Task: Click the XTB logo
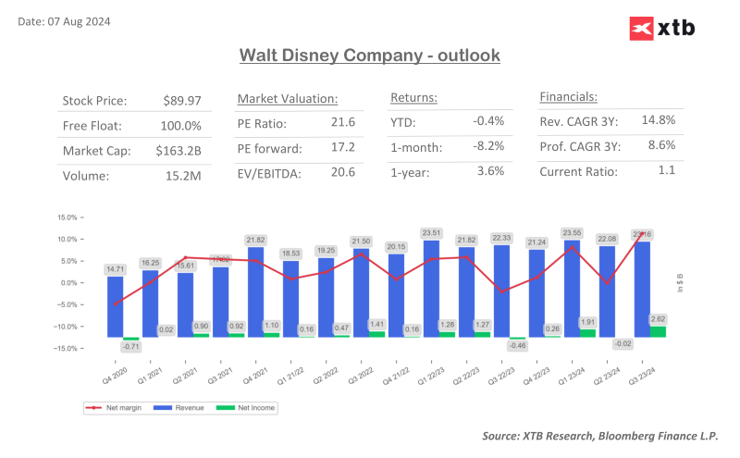click(x=661, y=29)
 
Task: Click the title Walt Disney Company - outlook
click(x=369, y=56)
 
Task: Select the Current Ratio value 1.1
click(x=666, y=170)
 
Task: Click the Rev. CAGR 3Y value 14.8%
click(x=658, y=121)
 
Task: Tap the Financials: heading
click(x=568, y=97)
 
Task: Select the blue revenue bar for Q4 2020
click(x=115, y=306)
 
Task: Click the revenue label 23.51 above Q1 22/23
click(x=430, y=233)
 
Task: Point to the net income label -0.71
click(x=131, y=347)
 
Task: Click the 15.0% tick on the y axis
click(x=67, y=217)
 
